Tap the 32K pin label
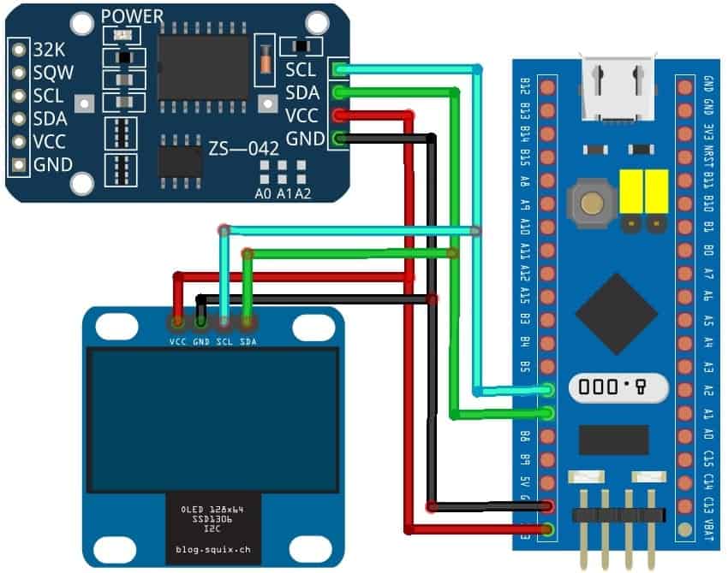49,49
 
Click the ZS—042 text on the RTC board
242,148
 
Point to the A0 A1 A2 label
283,193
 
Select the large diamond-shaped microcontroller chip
616,313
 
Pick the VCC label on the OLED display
178,342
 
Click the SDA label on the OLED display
248,342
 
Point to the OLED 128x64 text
206,510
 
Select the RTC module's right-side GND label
302,138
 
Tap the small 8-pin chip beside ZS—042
180,160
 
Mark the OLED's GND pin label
201,342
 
